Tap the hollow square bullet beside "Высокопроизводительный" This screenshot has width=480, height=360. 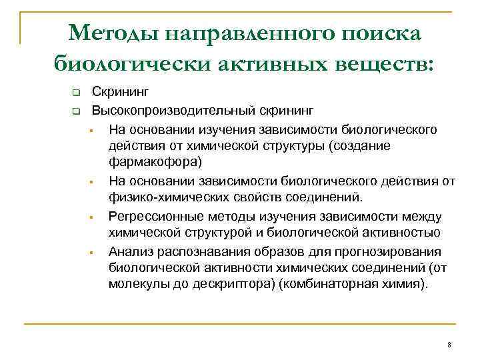[77, 109]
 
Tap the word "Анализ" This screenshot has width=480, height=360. [131, 251]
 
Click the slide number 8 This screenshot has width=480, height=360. [450, 345]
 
